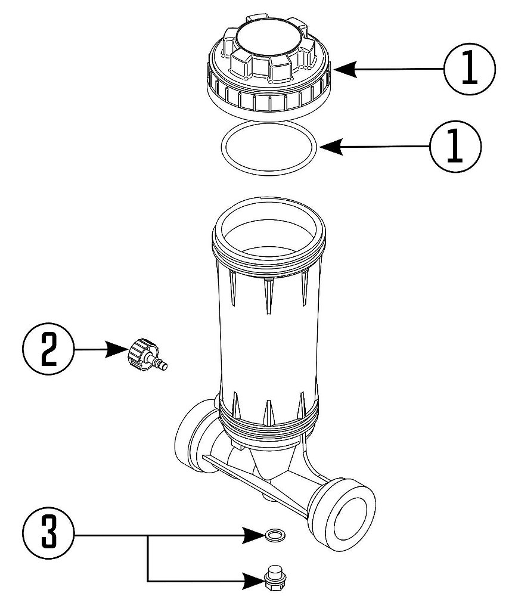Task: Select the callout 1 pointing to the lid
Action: click(x=470, y=70)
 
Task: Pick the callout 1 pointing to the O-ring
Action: click(x=455, y=145)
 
